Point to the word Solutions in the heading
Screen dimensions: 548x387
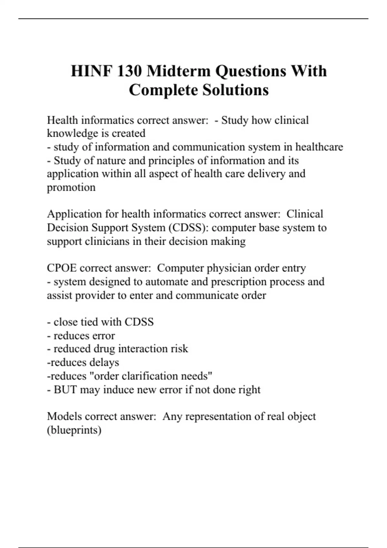(235, 90)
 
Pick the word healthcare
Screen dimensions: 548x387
(319, 147)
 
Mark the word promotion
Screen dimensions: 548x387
(71, 188)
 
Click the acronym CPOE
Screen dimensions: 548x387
(62, 268)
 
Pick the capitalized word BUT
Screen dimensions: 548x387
(65, 390)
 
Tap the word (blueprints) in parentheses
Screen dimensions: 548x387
(74, 430)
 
